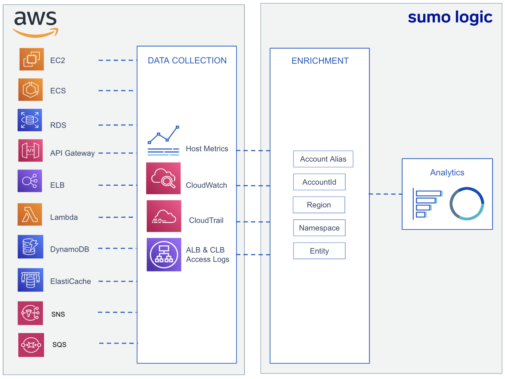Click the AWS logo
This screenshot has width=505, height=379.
click(35, 23)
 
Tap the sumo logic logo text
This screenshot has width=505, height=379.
click(450, 17)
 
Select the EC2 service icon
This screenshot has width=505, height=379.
click(31, 59)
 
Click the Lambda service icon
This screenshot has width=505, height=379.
click(30, 215)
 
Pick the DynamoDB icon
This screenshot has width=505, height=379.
click(30, 247)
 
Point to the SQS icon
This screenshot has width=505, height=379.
click(31, 345)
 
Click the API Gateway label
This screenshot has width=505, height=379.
click(72, 153)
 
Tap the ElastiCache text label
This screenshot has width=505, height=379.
click(71, 281)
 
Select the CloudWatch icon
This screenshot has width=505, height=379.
click(164, 178)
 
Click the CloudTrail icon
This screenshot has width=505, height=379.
click(164, 216)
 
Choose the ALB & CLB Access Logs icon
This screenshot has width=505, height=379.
click(164, 255)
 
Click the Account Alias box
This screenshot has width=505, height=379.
click(323, 159)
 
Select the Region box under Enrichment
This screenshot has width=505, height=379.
click(319, 205)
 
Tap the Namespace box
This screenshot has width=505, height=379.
click(319, 228)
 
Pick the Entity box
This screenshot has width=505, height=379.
click(319, 251)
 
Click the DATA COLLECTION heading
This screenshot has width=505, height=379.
click(187, 61)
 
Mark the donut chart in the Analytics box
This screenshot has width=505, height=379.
click(467, 204)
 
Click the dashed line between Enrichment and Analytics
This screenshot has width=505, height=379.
click(385, 194)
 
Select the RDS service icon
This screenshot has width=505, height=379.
click(30, 120)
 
